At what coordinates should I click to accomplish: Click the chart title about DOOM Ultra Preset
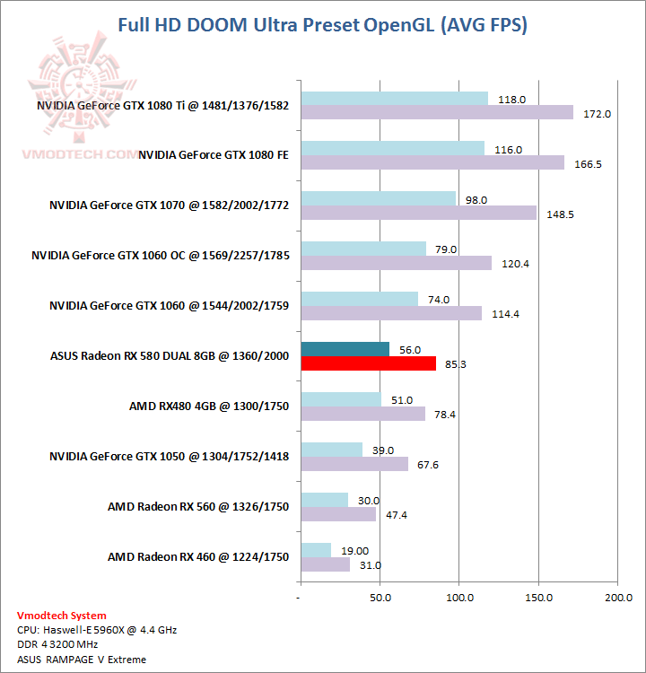pyautogui.click(x=323, y=25)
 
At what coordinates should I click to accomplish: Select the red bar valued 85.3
pyautogui.click(x=368, y=363)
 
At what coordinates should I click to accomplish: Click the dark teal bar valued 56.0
pyautogui.click(x=345, y=349)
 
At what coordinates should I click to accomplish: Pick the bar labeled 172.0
pyautogui.click(x=436, y=112)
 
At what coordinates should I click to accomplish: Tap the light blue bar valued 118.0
pyautogui.click(x=394, y=99)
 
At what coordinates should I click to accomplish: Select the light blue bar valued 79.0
pyautogui.click(x=363, y=249)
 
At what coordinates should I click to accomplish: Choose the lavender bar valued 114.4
pyautogui.click(x=390, y=313)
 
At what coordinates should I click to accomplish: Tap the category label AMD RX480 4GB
pyautogui.click(x=209, y=406)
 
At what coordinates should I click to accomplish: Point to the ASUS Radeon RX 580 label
pyautogui.click(x=170, y=356)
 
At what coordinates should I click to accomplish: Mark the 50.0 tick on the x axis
pyautogui.click(x=380, y=596)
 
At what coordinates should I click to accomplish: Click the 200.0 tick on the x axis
pyautogui.click(x=617, y=596)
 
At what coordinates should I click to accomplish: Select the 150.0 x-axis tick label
pyautogui.click(x=538, y=596)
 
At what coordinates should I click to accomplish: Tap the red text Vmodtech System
pyautogui.click(x=62, y=616)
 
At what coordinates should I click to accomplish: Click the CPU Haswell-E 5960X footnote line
pyautogui.click(x=97, y=630)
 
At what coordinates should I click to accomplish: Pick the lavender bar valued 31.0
pyautogui.click(x=325, y=564)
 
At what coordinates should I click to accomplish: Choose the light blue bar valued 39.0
pyautogui.click(x=331, y=450)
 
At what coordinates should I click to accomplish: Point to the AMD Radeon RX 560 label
pyautogui.click(x=198, y=507)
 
